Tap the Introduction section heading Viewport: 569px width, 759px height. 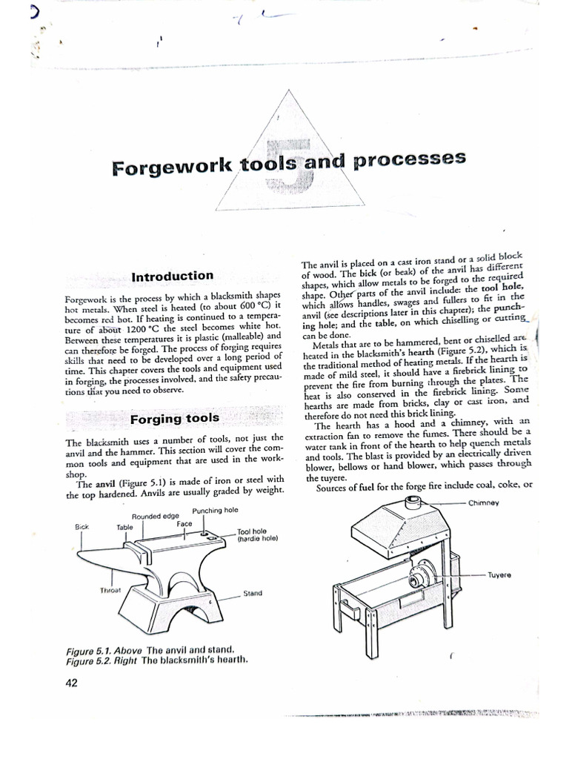[172, 276]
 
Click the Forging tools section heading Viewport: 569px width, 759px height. [175, 418]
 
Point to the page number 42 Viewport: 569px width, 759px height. [72, 683]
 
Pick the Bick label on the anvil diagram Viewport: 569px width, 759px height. [81, 528]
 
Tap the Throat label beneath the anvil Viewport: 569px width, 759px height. [110, 591]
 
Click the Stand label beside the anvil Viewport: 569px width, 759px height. [253, 594]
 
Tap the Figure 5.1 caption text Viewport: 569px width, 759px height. [141, 650]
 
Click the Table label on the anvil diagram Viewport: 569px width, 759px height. [124, 528]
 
